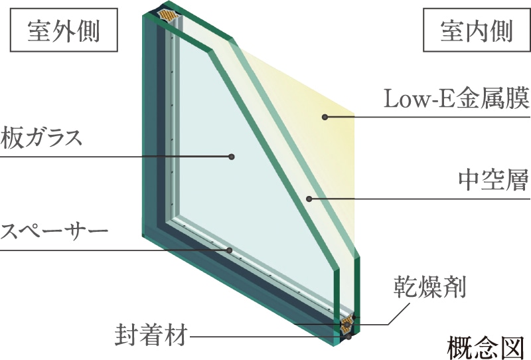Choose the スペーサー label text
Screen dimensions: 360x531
point(54,232)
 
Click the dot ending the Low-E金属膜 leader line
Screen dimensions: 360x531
point(325,118)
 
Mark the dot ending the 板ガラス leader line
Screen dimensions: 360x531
point(232,157)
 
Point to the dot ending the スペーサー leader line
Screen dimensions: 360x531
point(229,250)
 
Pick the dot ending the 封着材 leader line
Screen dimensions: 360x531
point(346,336)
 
